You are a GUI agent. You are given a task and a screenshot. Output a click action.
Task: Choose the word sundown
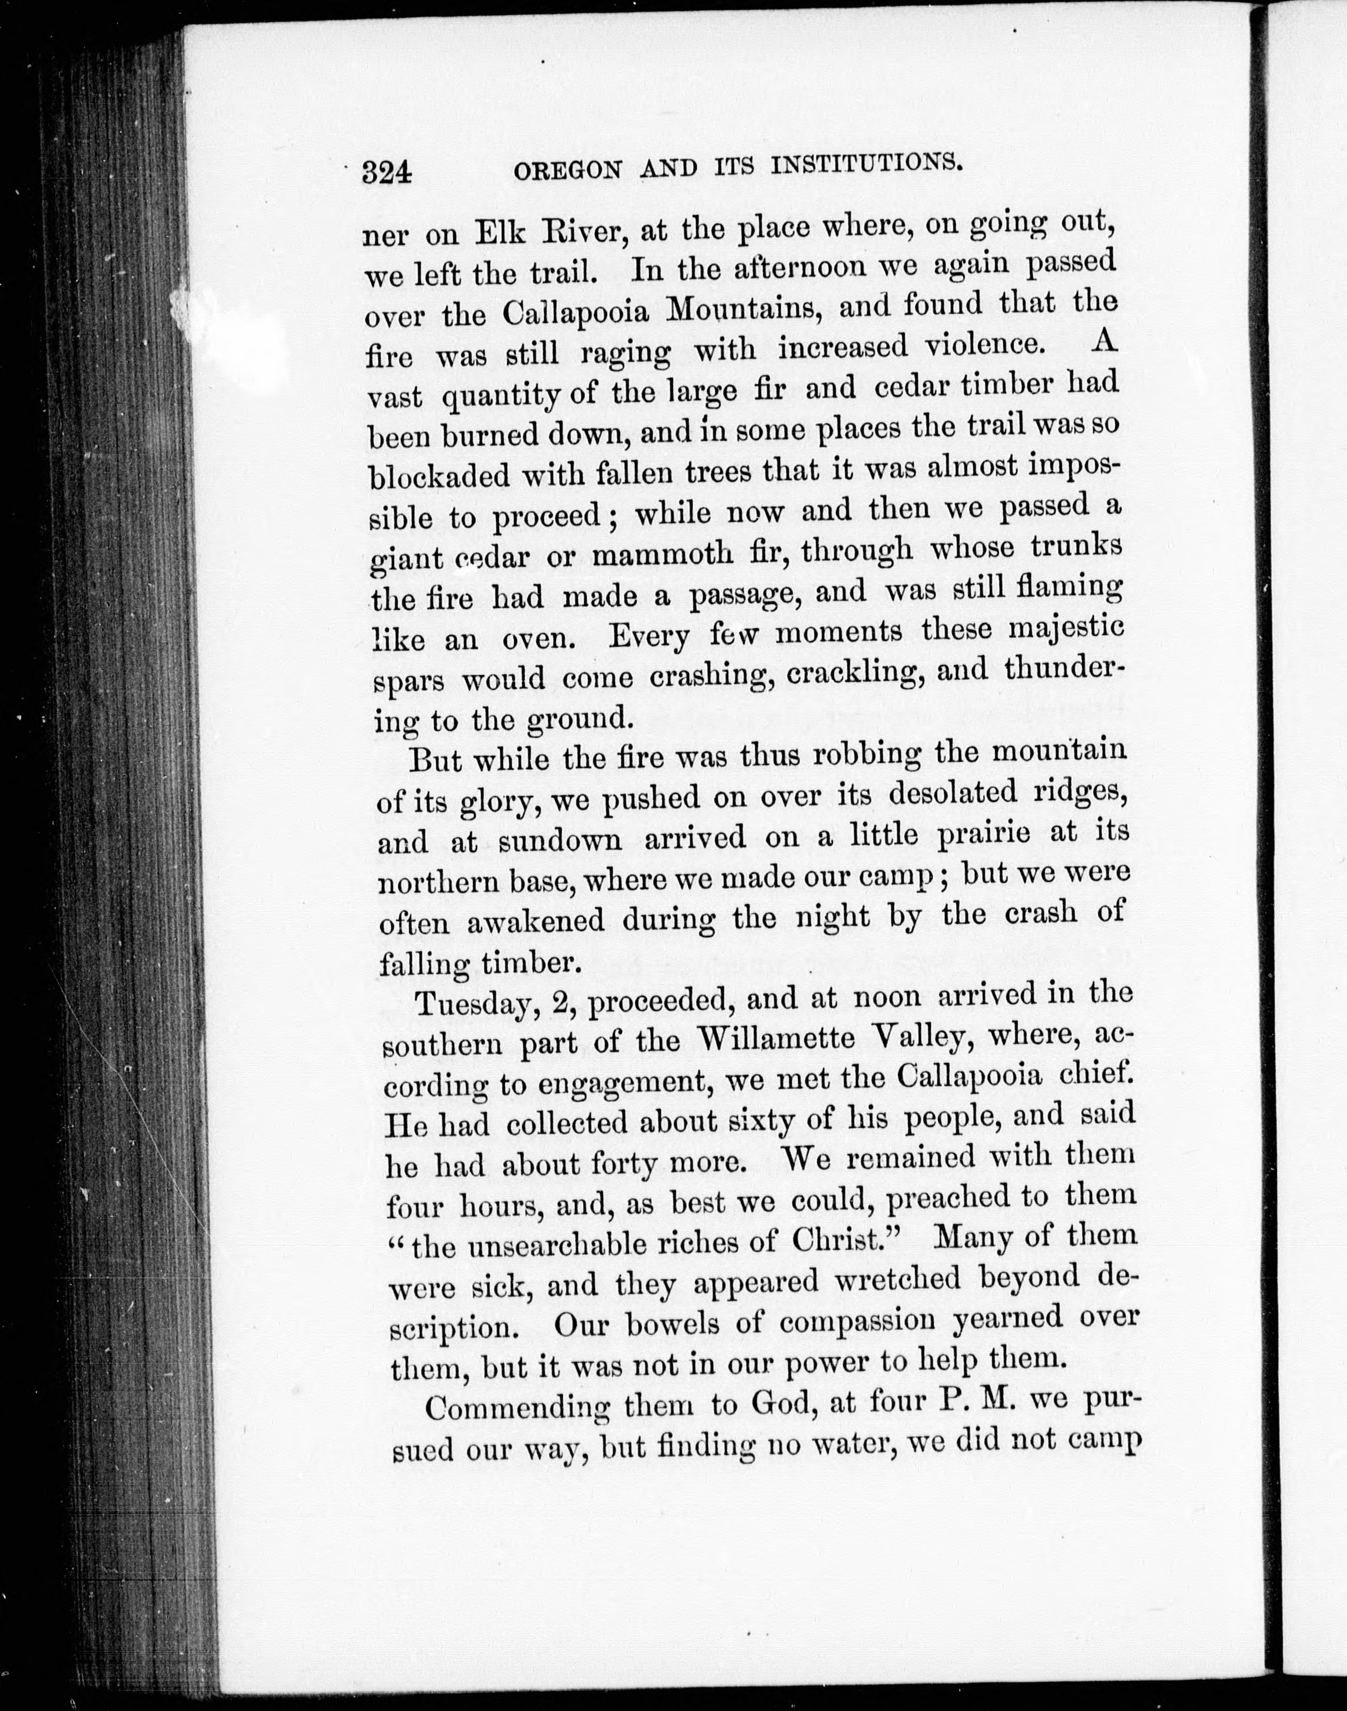pos(560,840)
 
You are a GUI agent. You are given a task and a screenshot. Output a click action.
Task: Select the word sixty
pos(756,1120)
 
